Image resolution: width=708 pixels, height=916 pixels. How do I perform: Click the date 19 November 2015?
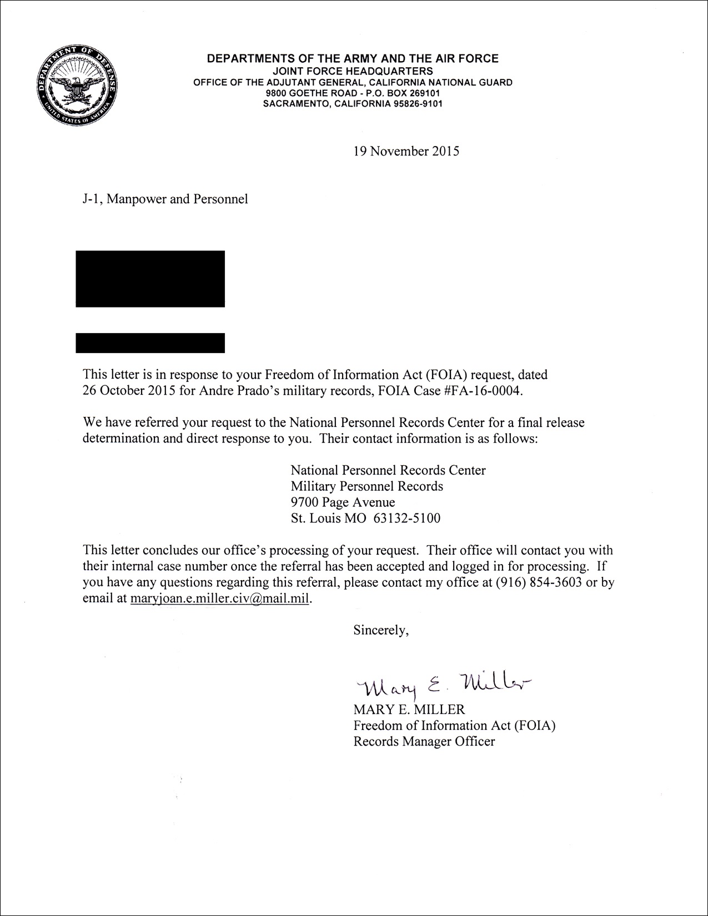tap(406, 151)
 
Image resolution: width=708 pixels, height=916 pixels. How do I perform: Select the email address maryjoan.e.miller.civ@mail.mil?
tap(219, 599)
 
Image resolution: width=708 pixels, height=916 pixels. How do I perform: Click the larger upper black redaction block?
tap(150, 279)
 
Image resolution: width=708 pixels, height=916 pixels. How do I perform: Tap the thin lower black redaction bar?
tap(150, 343)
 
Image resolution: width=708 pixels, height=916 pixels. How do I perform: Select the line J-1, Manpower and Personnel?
tap(165, 199)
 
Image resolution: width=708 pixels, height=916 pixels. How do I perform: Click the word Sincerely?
tap(381, 630)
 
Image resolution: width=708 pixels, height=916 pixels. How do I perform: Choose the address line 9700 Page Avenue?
tap(343, 502)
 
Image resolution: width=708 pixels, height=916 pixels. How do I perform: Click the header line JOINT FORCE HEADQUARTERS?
tap(353, 71)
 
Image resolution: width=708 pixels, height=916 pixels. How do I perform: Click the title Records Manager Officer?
tap(424, 742)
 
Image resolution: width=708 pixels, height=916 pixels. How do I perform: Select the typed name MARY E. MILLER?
tap(409, 709)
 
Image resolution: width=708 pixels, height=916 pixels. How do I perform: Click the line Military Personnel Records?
tap(366, 486)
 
